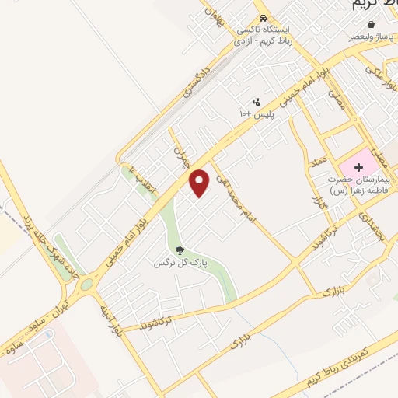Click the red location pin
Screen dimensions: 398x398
(200, 183)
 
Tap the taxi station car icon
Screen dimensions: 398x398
(264, 19)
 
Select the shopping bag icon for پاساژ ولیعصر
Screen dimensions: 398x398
(372, 25)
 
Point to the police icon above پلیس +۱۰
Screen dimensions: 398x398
(257, 102)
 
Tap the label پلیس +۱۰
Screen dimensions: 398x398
(256, 114)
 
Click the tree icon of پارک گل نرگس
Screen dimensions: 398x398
(180, 250)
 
